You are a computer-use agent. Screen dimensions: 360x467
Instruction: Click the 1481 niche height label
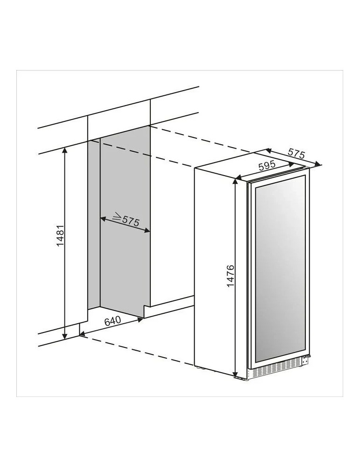[60, 235]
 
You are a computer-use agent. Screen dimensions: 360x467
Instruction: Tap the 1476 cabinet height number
[231, 276]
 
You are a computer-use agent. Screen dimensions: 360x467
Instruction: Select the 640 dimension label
[113, 321]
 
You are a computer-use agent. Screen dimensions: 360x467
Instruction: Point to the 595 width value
[267, 166]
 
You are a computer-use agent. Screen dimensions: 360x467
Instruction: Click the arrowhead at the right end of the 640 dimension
[140, 319]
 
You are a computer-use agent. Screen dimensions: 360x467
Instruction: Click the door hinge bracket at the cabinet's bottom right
[305, 360]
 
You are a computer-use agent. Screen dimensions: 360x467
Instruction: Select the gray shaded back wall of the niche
[125, 220]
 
